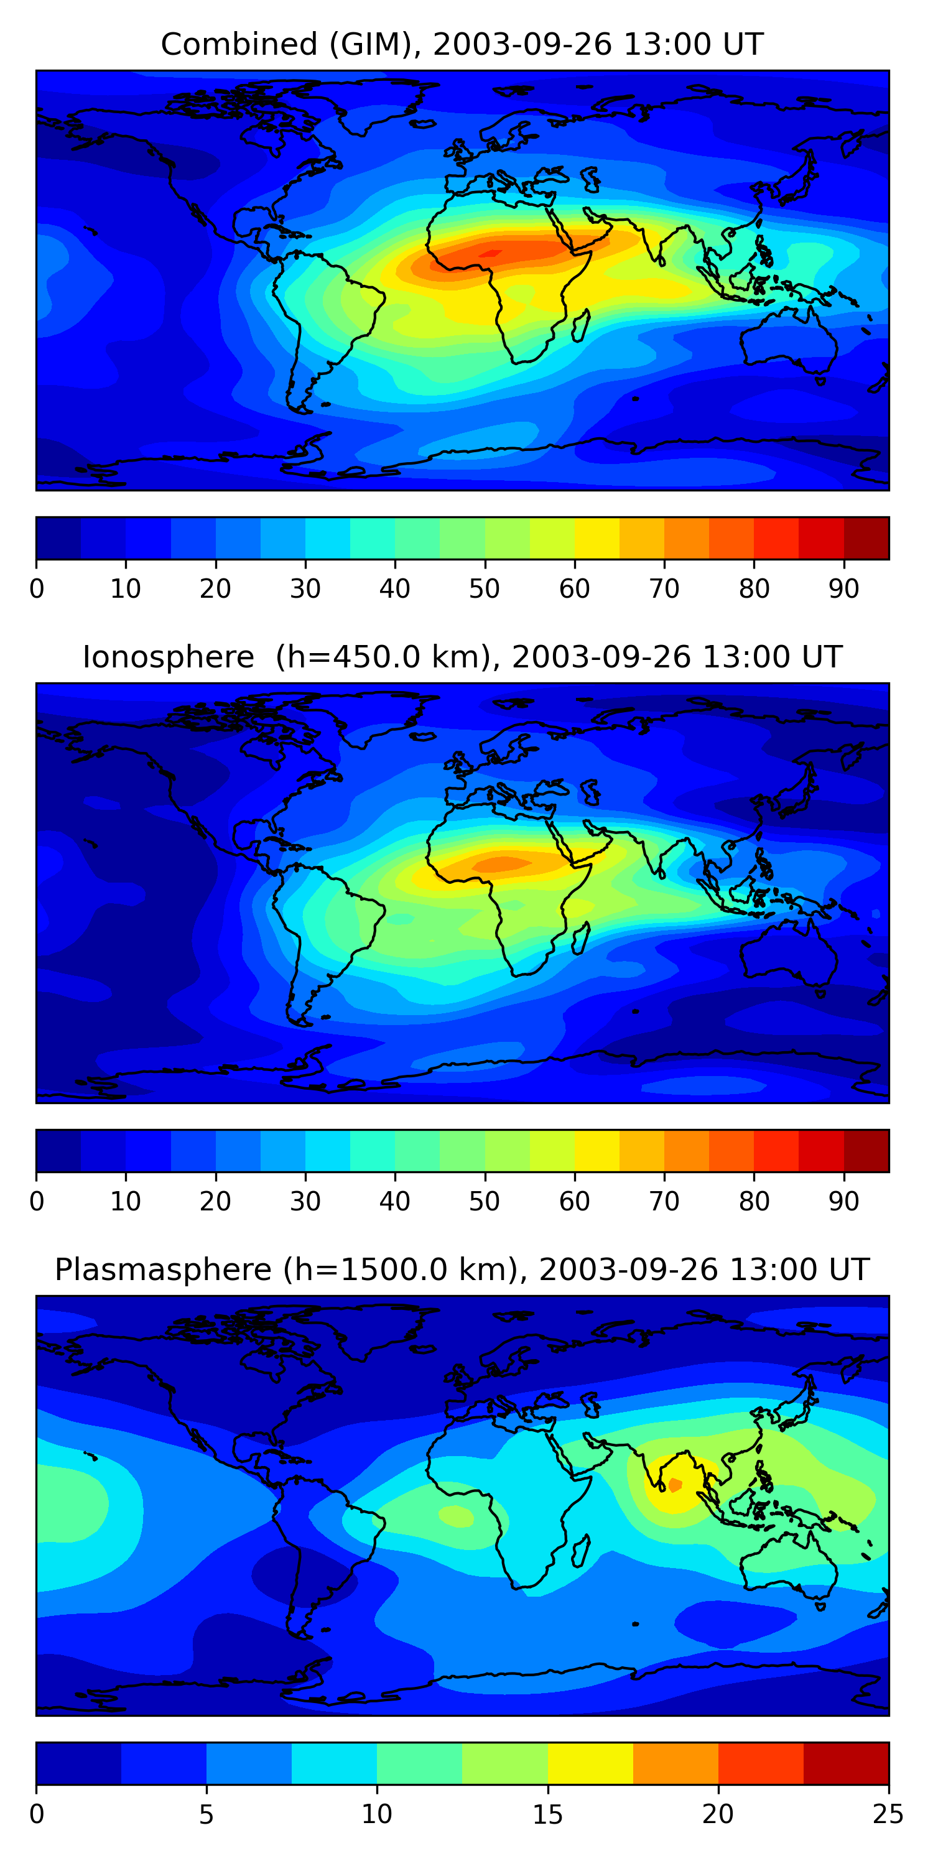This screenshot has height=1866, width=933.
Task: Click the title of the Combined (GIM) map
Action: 462,44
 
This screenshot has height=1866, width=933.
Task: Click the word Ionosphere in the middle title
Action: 168,657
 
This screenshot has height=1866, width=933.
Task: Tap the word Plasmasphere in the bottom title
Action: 163,1270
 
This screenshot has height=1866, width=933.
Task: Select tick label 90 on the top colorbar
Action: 844,589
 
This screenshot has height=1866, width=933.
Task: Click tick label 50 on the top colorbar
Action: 485,589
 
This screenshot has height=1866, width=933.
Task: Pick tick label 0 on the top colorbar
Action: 37,589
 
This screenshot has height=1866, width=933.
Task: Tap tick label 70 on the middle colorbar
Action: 664,1202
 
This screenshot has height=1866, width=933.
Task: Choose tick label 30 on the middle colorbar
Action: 305,1202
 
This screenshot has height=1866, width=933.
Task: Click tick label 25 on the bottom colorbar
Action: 888,1814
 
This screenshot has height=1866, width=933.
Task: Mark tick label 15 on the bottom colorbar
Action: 547,1814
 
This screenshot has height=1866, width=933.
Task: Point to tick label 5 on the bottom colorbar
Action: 207,1814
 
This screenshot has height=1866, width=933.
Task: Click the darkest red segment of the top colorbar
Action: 866,538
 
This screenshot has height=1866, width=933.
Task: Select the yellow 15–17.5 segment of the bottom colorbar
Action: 590,1764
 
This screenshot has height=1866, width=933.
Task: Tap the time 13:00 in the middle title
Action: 740,657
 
